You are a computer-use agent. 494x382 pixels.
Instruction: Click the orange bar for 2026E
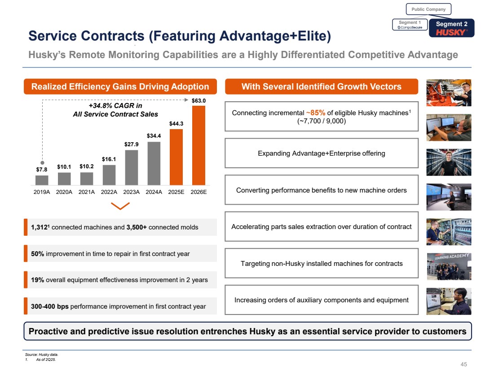click(x=198, y=145)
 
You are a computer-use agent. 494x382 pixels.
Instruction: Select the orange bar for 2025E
click(x=176, y=157)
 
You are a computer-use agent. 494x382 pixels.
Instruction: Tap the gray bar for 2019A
click(x=42, y=180)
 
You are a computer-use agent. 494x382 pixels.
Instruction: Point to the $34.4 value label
click(x=154, y=135)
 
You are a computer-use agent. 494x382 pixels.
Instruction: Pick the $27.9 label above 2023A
click(x=132, y=144)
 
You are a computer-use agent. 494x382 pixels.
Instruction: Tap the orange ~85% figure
click(x=315, y=112)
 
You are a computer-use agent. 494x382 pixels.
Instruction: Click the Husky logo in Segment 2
click(x=451, y=32)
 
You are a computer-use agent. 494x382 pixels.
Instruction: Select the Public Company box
click(x=428, y=9)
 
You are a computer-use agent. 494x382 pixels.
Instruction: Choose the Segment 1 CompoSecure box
click(x=409, y=25)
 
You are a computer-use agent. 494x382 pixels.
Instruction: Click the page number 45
click(x=464, y=364)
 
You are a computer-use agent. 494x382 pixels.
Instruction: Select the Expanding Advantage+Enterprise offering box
click(x=321, y=153)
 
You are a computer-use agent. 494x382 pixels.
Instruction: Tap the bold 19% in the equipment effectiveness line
click(x=37, y=280)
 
